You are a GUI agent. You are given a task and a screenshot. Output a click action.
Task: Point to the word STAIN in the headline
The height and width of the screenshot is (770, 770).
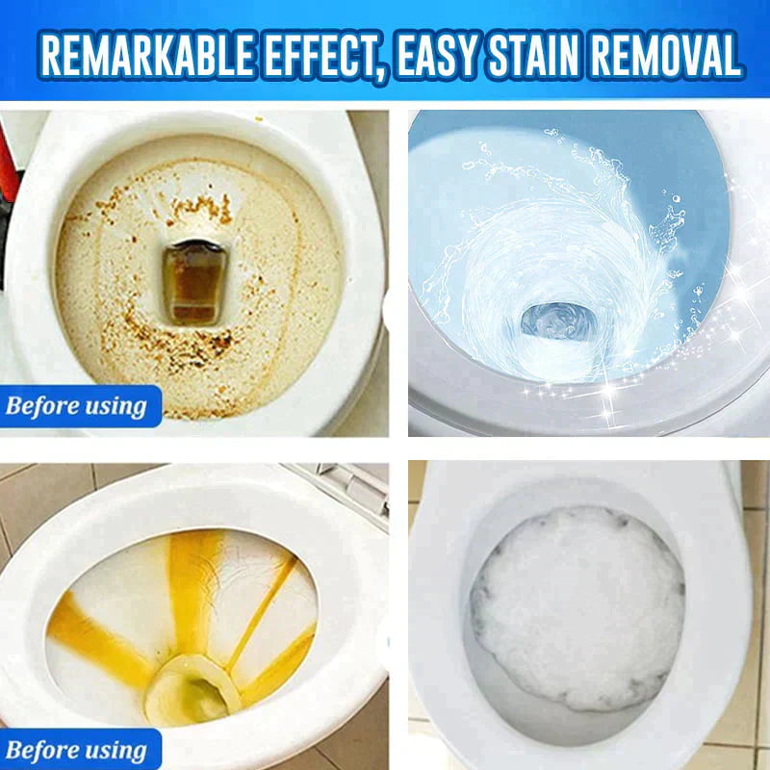point(535,55)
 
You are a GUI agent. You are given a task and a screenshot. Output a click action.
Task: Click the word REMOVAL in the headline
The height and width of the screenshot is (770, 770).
point(666,55)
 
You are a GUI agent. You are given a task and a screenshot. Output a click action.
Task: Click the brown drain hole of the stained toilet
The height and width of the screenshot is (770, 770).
point(194,283)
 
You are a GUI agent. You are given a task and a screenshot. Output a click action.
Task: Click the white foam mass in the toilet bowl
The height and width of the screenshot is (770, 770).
point(577,608)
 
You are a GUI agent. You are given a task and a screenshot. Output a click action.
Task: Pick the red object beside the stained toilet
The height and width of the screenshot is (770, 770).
point(8,162)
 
